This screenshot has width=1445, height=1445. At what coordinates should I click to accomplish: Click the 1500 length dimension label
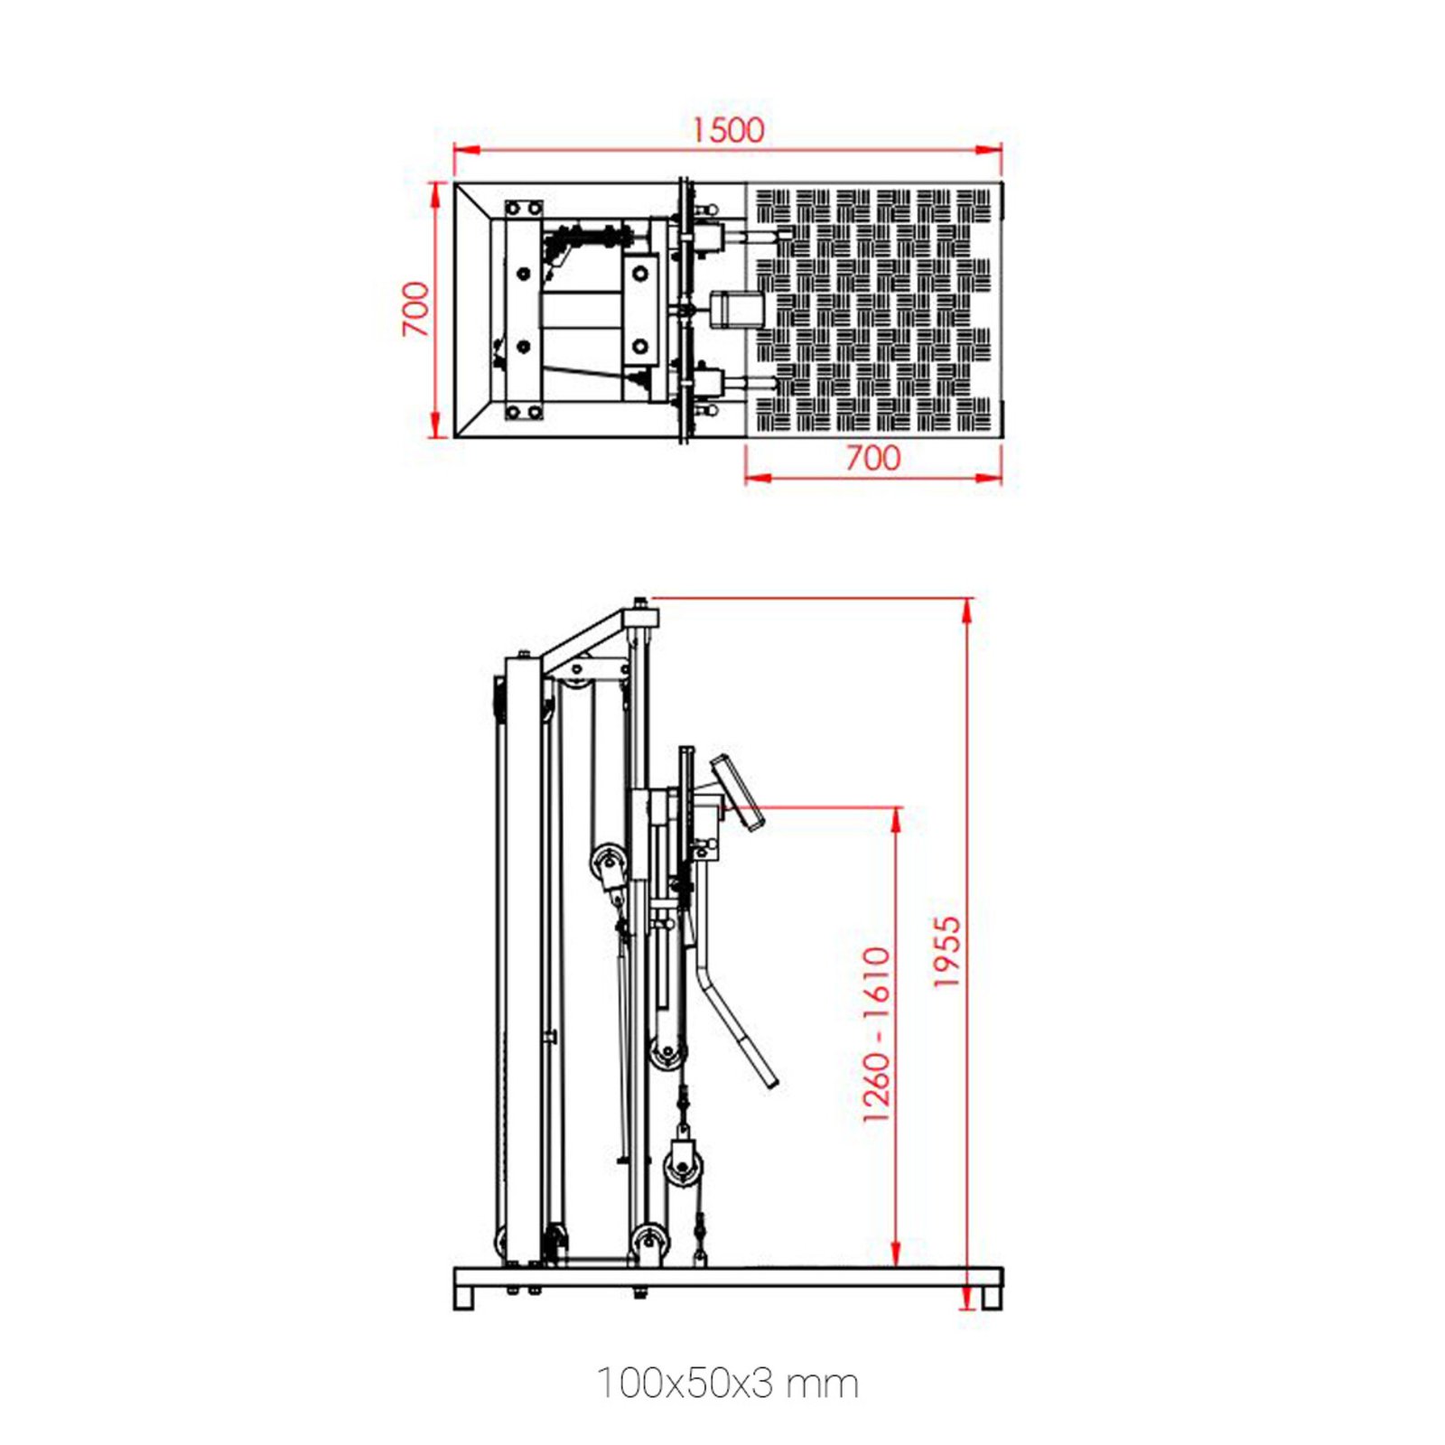(x=728, y=130)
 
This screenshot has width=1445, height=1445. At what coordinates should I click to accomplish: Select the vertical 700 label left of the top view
(x=415, y=309)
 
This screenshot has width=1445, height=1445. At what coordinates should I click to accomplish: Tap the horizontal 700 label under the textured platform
(x=872, y=458)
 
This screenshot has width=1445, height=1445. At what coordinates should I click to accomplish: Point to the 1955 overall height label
(x=946, y=952)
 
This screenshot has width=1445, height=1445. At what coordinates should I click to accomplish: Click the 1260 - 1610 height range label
(x=876, y=1035)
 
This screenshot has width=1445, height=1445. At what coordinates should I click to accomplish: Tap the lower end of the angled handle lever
(x=769, y=1081)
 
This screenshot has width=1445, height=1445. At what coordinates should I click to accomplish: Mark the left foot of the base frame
(x=463, y=1298)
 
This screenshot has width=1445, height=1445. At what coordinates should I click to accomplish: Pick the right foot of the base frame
(x=991, y=1298)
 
